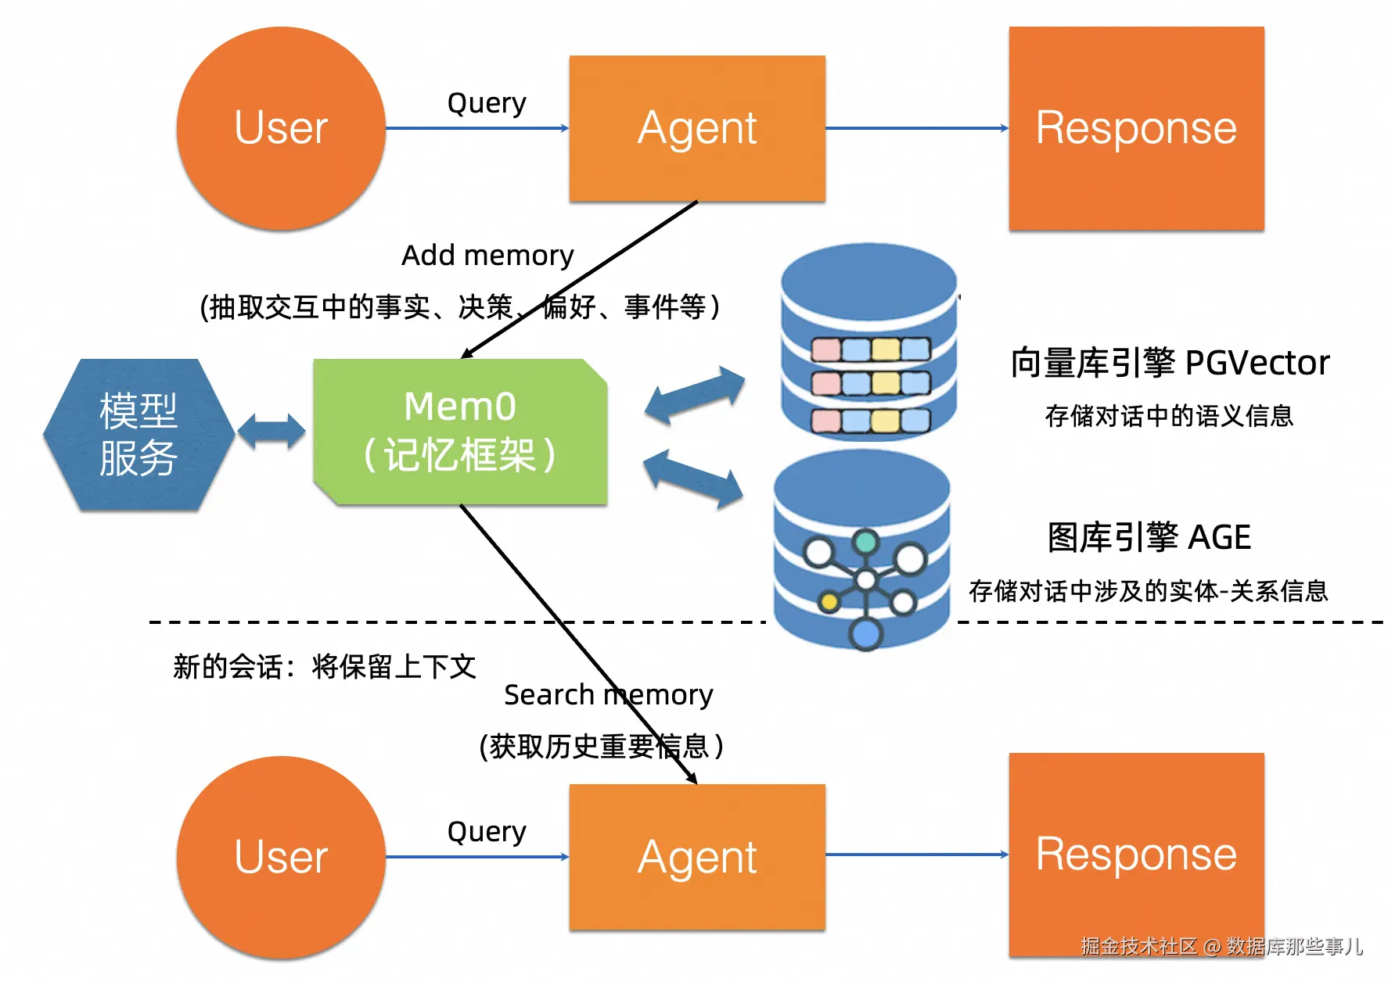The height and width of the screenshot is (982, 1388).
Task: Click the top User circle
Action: point(281,128)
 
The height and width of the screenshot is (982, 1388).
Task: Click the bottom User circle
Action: point(281,857)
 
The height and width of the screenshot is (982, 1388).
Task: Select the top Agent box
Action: point(697,128)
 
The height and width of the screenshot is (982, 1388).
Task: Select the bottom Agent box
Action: point(697,857)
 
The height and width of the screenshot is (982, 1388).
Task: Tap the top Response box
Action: point(1136,128)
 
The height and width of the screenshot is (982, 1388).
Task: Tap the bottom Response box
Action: point(1136,854)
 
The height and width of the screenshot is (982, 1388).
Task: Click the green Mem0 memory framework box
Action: point(460,432)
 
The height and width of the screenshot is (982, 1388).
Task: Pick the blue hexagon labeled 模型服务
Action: point(138,435)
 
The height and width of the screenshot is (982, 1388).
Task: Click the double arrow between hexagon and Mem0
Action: point(271,432)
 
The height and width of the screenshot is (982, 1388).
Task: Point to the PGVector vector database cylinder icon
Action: point(869,342)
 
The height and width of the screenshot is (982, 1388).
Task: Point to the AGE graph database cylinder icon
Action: point(862,551)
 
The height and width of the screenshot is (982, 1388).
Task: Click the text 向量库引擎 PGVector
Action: point(1170,363)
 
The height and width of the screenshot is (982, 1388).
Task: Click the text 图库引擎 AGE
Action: point(1149,538)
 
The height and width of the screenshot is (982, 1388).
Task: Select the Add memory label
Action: point(487,256)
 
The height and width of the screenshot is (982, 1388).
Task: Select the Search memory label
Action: point(608,695)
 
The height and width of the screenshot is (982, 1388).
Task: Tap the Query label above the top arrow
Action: point(486,102)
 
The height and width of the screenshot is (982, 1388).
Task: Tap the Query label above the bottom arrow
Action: point(486,831)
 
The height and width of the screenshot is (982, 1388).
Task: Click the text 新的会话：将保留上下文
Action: point(324,667)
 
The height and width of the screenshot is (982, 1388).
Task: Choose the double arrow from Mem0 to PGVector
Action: point(694,395)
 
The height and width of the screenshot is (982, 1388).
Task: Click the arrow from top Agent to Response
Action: point(916,128)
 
